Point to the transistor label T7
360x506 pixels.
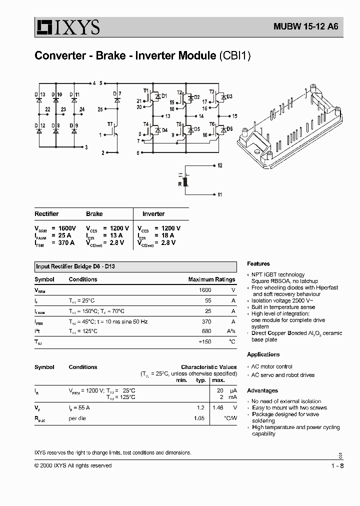point(109,123)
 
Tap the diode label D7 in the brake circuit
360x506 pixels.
point(116,94)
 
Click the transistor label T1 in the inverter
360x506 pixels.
point(146,91)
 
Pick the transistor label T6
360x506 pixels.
point(211,124)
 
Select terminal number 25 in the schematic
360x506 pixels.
point(100,109)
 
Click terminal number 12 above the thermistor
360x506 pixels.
point(220,165)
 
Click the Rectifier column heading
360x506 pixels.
point(46,214)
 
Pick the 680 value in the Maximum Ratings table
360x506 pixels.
point(205,331)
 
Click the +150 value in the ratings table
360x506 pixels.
point(204,341)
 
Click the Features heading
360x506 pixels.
point(258,263)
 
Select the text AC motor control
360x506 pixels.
point(272,366)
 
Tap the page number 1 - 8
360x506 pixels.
point(337,465)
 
